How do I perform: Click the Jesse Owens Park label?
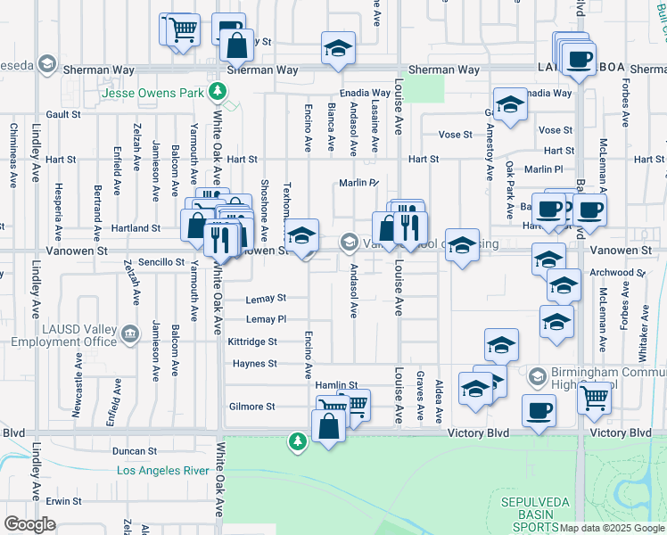154,92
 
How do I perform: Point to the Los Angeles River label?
163,471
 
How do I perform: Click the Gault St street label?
63,114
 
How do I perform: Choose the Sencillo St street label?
161,263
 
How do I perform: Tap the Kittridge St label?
252,342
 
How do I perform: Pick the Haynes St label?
255,364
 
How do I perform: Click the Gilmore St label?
252,407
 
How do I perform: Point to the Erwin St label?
64,501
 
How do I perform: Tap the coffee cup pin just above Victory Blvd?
539,410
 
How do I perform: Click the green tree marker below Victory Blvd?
297,440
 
